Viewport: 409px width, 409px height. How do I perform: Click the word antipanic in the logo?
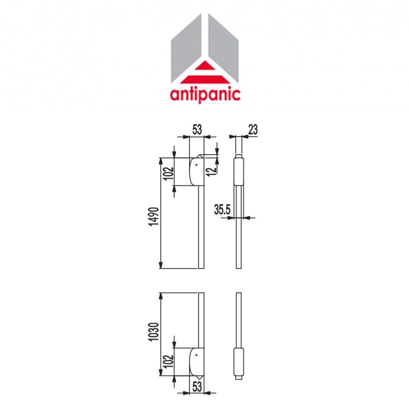(x=205, y=94)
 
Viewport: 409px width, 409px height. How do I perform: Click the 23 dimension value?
(x=253, y=130)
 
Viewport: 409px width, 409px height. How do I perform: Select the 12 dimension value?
(x=211, y=169)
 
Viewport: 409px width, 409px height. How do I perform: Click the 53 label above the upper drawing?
(x=197, y=130)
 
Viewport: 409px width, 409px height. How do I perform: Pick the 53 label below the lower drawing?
(x=197, y=387)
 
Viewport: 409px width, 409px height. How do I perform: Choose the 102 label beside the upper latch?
(x=168, y=171)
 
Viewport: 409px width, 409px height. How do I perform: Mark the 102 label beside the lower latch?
(x=168, y=361)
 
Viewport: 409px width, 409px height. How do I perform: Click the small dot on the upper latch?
(x=196, y=165)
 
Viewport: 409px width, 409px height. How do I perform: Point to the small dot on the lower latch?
(x=196, y=355)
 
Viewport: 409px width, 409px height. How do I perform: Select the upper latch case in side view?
(x=238, y=172)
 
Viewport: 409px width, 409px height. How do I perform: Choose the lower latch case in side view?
(x=238, y=362)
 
